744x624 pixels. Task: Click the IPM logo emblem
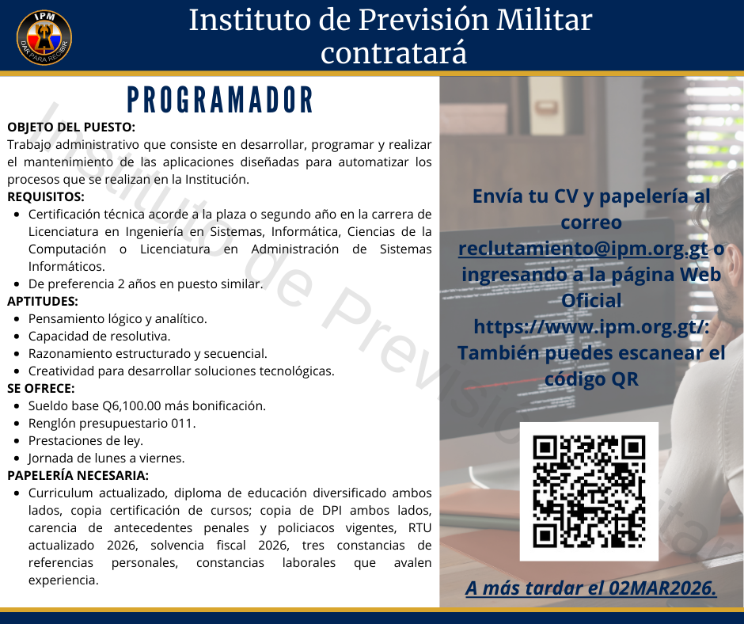[x=44, y=37]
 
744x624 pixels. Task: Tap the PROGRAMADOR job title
[x=221, y=100]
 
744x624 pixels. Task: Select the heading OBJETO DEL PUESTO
[x=71, y=127]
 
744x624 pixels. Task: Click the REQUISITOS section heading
[x=46, y=196]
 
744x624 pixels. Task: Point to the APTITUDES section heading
[x=43, y=301]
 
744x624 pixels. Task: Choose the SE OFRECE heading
[x=41, y=388]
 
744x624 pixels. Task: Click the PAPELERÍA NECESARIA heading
[x=78, y=475]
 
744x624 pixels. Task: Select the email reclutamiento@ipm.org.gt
[x=583, y=248]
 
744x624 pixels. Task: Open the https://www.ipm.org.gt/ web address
[x=590, y=326]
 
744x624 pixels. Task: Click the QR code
[x=589, y=491]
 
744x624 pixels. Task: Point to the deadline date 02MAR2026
[x=663, y=588]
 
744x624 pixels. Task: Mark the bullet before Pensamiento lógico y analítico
[x=17, y=319]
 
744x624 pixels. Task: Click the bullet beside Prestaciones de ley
[x=17, y=441]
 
